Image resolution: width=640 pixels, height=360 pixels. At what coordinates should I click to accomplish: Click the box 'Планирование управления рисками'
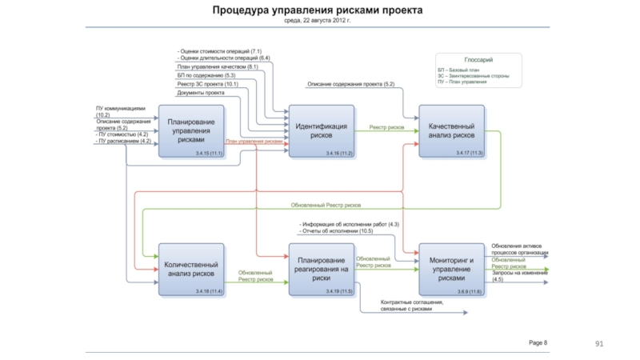(190, 130)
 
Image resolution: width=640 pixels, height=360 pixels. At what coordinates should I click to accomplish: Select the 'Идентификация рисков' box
(321, 130)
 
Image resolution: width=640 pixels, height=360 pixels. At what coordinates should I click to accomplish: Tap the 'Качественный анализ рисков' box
(451, 130)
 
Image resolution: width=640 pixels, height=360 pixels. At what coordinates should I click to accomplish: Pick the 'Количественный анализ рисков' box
(190, 268)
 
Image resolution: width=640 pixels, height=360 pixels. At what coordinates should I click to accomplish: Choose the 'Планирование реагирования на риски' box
(321, 268)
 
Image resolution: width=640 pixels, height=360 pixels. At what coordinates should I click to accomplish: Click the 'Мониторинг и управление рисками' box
(451, 268)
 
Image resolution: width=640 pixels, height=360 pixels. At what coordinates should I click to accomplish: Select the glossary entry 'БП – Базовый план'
(458, 70)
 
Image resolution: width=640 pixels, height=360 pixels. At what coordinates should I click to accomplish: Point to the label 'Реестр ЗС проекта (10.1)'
(207, 84)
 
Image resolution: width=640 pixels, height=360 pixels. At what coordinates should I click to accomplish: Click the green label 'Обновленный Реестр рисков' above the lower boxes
(326, 205)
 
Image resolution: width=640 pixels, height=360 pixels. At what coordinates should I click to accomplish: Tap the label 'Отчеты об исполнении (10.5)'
(337, 231)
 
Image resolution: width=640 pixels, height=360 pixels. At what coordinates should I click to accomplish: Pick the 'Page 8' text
(538, 342)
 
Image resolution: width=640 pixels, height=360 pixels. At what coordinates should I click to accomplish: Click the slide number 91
(597, 344)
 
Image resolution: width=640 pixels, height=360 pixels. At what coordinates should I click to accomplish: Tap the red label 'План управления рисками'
(254, 142)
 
